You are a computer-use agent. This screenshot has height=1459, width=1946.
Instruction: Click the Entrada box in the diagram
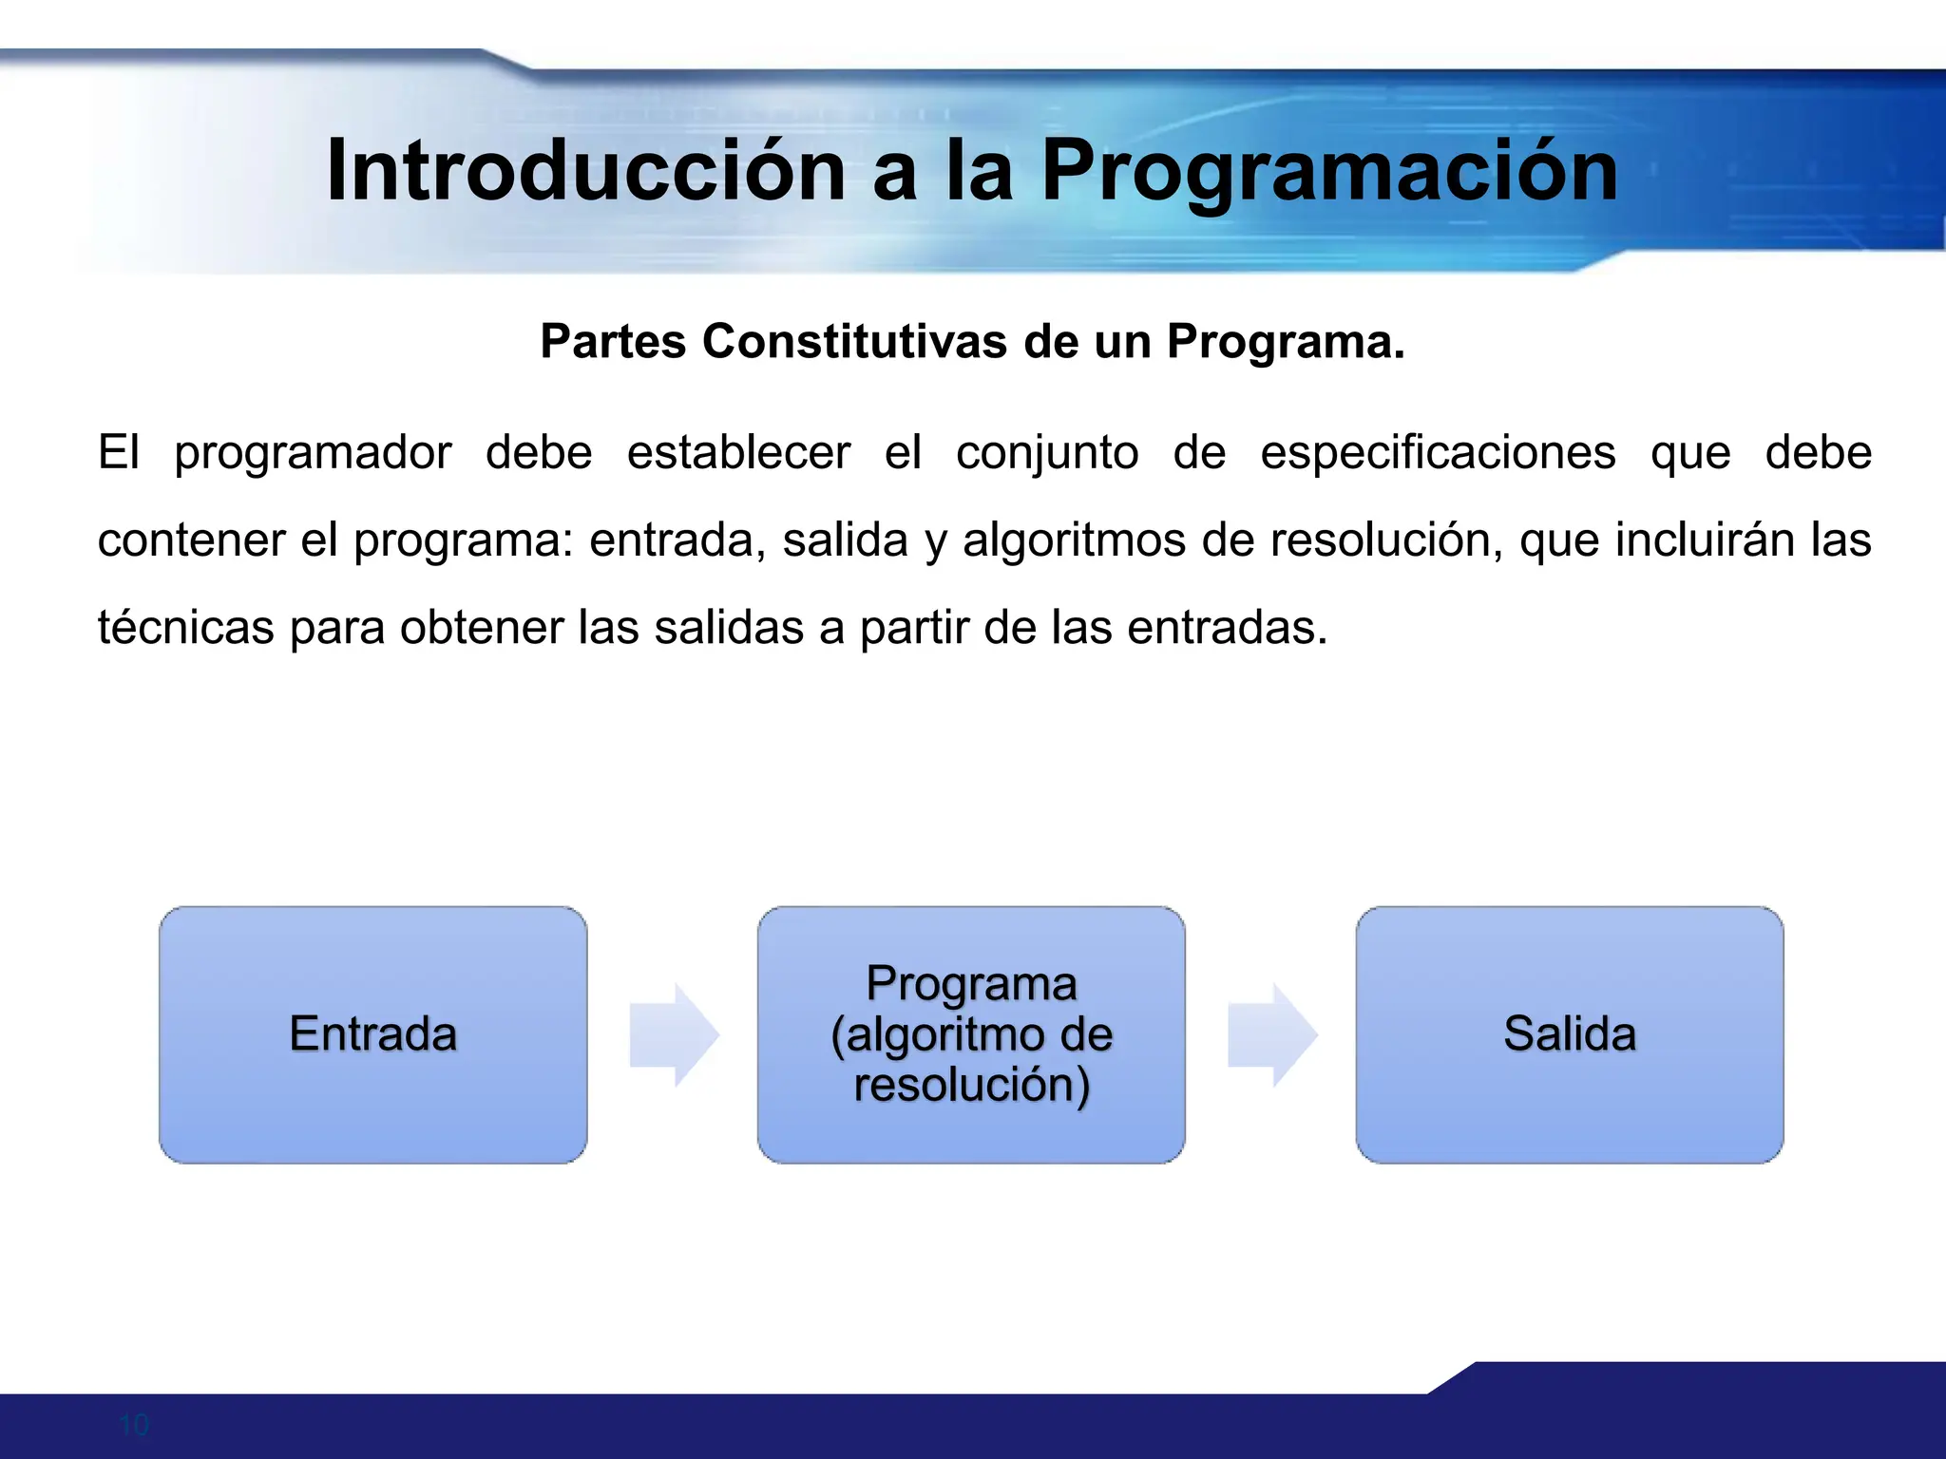(x=372, y=1034)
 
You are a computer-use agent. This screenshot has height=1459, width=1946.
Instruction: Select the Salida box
(x=1569, y=1034)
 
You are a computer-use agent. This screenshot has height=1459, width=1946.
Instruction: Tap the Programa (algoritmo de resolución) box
(x=971, y=1034)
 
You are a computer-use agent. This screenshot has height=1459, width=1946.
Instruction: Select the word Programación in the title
(x=1329, y=171)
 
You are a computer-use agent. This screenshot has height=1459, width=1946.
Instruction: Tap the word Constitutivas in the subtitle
(x=854, y=341)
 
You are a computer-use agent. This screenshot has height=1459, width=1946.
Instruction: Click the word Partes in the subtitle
(x=613, y=341)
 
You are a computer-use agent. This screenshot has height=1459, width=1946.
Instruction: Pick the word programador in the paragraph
(x=313, y=453)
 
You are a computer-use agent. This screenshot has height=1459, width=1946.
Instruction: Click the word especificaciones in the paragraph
(x=1438, y=453)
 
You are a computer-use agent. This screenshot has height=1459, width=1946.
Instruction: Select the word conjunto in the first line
(x=1047, y=453)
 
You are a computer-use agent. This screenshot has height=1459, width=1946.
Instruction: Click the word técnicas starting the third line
(x=185, y=628)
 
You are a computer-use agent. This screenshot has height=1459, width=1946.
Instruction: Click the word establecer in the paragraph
(x=738, y=453)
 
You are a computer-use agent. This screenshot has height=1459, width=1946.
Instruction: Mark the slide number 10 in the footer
(x=134, y=1425)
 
